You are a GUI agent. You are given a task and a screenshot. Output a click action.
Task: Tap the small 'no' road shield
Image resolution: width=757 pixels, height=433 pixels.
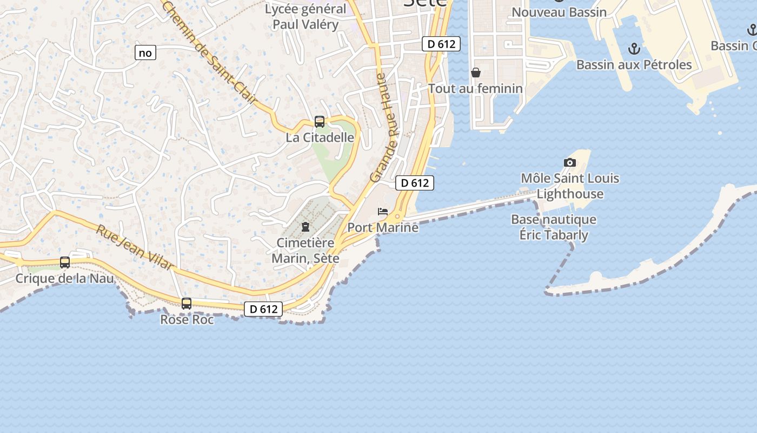tap(145, 53)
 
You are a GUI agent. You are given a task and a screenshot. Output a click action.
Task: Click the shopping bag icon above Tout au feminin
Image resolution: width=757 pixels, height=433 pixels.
tap(476, 72)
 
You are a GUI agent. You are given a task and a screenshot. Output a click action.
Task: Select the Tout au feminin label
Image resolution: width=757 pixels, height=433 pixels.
tap(475, 88)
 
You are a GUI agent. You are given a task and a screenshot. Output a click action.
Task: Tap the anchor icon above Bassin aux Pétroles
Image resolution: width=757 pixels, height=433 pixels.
tap(634, 49)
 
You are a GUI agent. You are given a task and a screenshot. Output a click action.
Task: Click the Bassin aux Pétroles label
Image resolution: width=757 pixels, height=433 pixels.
tap(634, 65)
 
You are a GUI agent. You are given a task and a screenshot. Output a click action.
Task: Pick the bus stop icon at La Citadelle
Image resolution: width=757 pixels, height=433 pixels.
tap(320, 122)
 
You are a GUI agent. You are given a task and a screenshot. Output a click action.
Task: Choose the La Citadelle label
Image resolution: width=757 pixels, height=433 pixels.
tap(320, 137)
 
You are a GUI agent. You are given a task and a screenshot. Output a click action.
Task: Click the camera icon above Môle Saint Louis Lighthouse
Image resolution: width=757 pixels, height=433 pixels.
tap(569, 162)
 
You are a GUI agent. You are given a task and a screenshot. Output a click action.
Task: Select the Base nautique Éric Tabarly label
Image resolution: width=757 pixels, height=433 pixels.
tap(554, 227)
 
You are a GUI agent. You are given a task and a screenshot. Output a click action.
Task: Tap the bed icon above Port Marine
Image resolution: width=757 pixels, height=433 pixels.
tap(383, 211)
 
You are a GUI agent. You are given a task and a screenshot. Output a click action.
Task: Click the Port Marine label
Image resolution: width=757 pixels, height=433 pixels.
tap(383, 227)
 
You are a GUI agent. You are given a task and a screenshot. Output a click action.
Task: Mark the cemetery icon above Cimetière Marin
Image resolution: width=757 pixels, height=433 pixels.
tap(306, 227)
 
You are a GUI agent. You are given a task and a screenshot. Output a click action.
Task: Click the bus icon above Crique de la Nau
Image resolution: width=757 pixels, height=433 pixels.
tap(65, 263)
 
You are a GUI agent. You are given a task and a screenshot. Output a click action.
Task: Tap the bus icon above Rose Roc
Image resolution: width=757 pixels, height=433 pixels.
tap(187, 304)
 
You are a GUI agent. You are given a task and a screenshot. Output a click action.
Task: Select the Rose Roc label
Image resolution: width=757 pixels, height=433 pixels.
tap(187, 320)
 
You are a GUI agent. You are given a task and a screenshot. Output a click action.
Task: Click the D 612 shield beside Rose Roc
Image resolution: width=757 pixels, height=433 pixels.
tap(263, 309)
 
